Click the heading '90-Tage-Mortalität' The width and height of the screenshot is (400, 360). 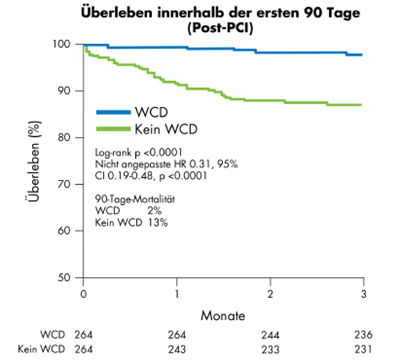tap(135, 200)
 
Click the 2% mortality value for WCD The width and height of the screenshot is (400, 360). tap(154, 211)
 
